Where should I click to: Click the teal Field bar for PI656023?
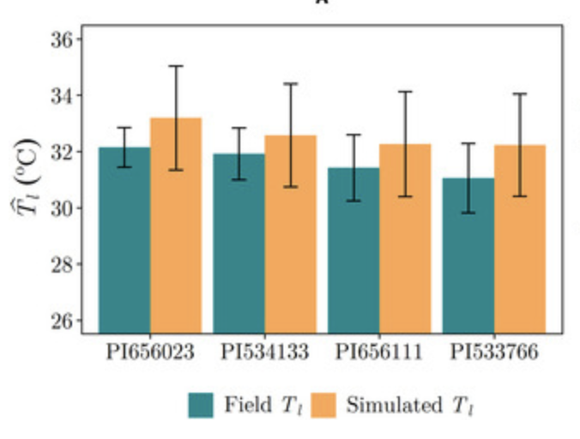[x=124, y=240]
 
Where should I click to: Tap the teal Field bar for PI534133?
[x=239, y=244]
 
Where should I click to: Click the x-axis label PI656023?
[x=150, y=353]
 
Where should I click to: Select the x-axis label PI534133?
[x=264, y=353]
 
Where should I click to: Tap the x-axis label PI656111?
[x=379, y=353]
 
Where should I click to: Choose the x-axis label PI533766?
[x=494, y=353]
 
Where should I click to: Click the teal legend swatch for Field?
[x=201, y=406]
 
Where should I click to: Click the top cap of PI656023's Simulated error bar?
[x=176, y=66]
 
